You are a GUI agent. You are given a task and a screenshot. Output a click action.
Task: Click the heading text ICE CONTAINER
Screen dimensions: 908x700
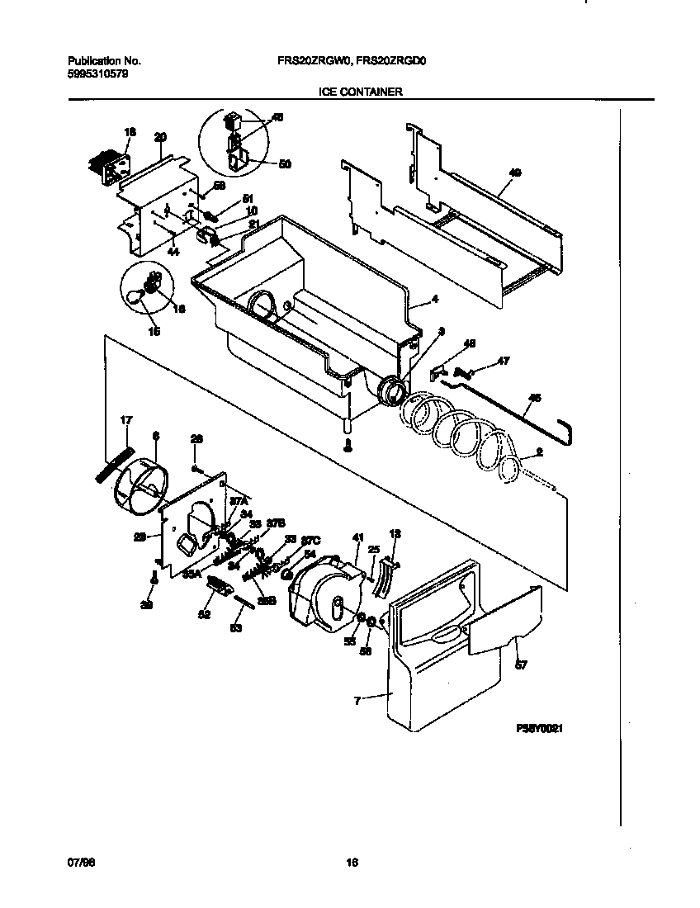pyautogui.click(x=361, y=92)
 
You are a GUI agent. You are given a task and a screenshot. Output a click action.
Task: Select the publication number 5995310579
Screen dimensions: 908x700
pyautogui.click(x=97, y=73)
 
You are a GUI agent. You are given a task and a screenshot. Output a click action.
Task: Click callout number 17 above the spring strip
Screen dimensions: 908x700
pyautogui.click(x=125, y=421)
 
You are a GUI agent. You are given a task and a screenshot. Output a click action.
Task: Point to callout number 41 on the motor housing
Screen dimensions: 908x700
pyautogui.click(x=357, y=538)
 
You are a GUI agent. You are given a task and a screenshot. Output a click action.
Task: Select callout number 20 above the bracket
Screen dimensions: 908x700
pyautogui.click(x=160, y=136)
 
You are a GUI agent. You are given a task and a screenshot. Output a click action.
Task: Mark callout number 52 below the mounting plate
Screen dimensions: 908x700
pyautogui.click(x=204, y=614)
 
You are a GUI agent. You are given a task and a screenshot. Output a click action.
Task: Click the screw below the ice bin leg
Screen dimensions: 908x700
pyautogui.click(x=348, y=446)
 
